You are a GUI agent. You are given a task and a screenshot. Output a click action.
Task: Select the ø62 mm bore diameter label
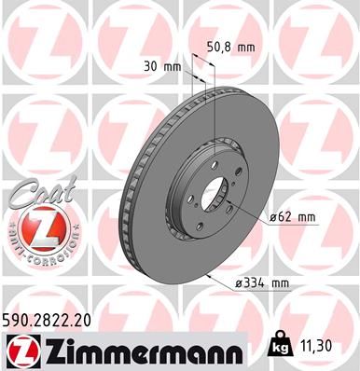click(x=292, y=217)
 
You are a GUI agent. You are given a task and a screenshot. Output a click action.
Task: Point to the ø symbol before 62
click(x=273, y=217)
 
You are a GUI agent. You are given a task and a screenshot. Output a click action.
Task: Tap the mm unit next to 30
click(x=171, y=68)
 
